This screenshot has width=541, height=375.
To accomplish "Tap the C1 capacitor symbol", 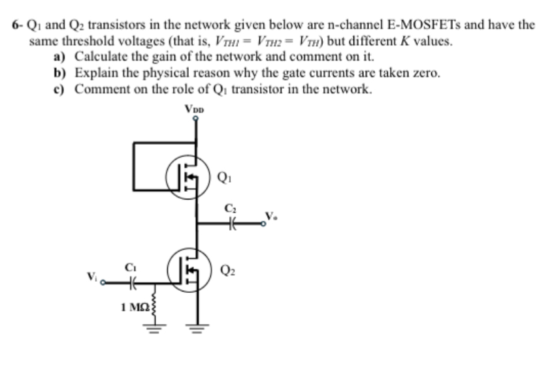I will coord(131,282).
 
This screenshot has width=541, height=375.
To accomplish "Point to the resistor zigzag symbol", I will coord(155,304).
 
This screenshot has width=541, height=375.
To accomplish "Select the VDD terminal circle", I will coord(195,119).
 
